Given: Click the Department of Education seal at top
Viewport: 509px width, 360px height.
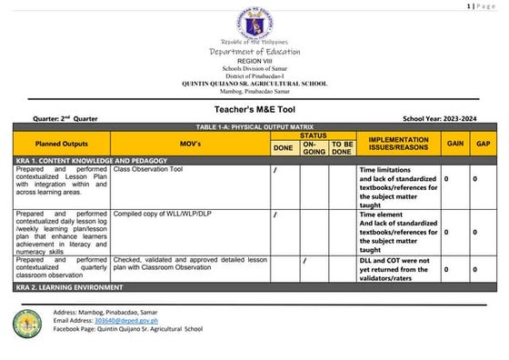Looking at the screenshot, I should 254,24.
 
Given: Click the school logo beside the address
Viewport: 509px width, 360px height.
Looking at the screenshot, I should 27,321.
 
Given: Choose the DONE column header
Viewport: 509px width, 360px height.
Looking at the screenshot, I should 284,147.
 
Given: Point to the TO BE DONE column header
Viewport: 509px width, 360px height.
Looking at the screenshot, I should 342,147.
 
